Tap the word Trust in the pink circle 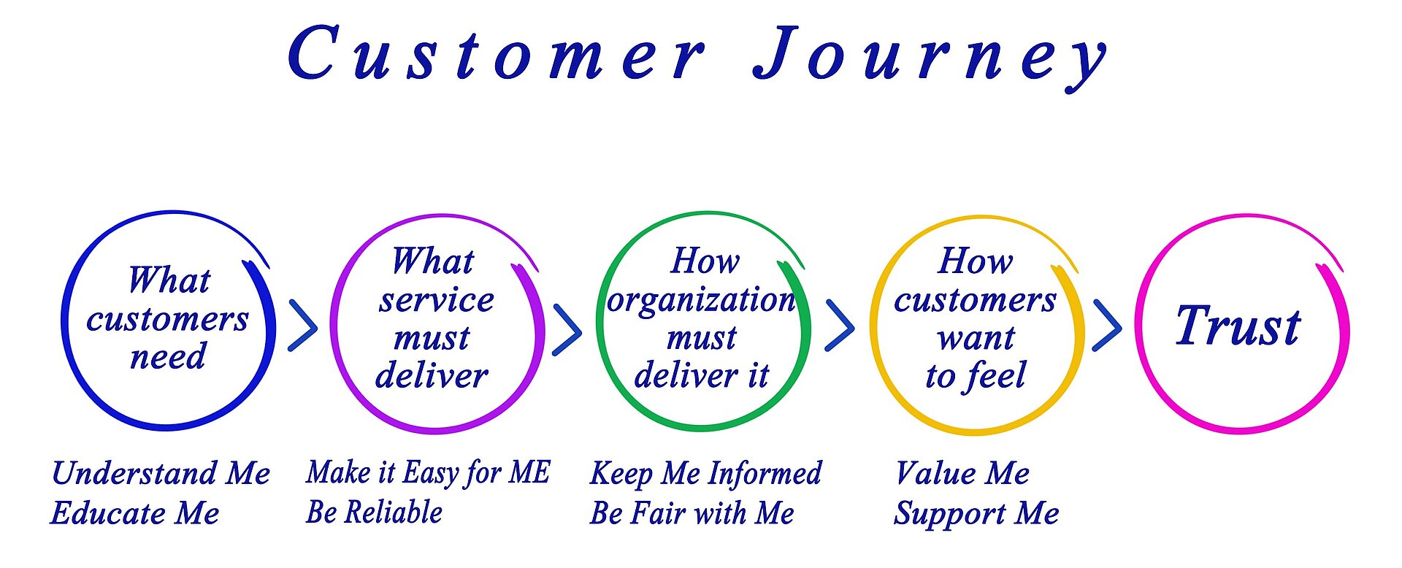1238,326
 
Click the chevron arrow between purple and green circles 567,330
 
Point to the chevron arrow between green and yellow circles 839,326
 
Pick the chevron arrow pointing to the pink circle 1107,326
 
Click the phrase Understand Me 161,473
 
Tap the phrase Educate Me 135,513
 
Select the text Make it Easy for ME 428,473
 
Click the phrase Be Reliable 374,513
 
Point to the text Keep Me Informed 705,473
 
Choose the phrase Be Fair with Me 692,513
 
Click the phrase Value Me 962,473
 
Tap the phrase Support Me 976,514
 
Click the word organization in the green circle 701,300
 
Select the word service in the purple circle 436,300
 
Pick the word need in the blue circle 168,357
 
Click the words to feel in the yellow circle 976,376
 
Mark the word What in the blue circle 169,280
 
